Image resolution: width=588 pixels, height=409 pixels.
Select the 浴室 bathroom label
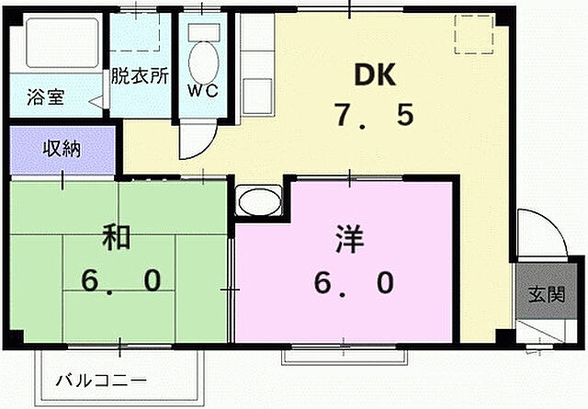(x=45, y=97)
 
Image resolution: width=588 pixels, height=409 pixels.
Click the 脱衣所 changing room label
(x=140, y=77)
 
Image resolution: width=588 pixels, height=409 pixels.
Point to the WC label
(x=205, y=91)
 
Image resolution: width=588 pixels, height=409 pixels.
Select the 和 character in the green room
(x=117, y=237)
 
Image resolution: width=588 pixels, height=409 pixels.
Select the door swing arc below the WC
(x=195, y=142)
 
